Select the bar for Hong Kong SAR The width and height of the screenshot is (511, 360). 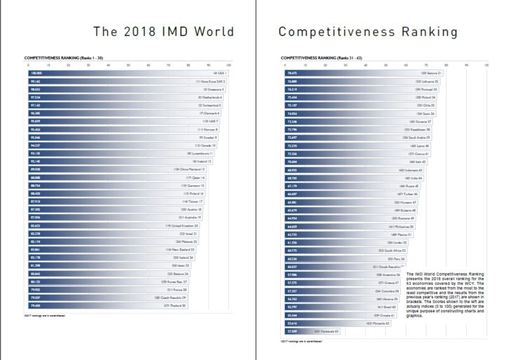point(126,81)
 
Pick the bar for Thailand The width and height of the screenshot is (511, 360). point(105,305)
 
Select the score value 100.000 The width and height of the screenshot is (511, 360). point(36,73)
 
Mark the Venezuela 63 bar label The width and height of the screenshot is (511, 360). point(326,330)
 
